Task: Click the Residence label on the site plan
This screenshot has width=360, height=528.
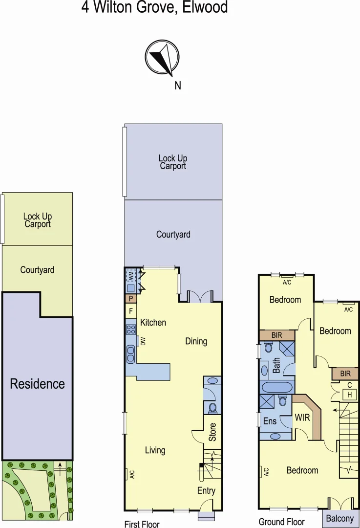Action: click(38, 384)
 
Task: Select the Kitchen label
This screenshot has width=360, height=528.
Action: click(153, 323)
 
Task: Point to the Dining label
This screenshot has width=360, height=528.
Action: click(196, 341)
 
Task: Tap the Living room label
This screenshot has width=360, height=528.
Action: click(155, 450)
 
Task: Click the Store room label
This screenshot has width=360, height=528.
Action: click(212, 432)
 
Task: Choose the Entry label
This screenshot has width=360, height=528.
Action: click(206, 491)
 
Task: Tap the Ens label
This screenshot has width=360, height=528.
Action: click(270, 421)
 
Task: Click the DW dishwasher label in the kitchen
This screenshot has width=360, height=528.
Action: click(143, 342)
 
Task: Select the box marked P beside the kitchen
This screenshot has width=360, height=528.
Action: click(131, 299)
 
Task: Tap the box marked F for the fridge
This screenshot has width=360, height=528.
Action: click(131, 311)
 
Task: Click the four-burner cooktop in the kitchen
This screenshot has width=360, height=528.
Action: click(131, 329)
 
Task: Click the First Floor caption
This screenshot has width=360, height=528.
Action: click(142, 524)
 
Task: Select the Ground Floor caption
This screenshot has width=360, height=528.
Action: click(281, 522)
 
